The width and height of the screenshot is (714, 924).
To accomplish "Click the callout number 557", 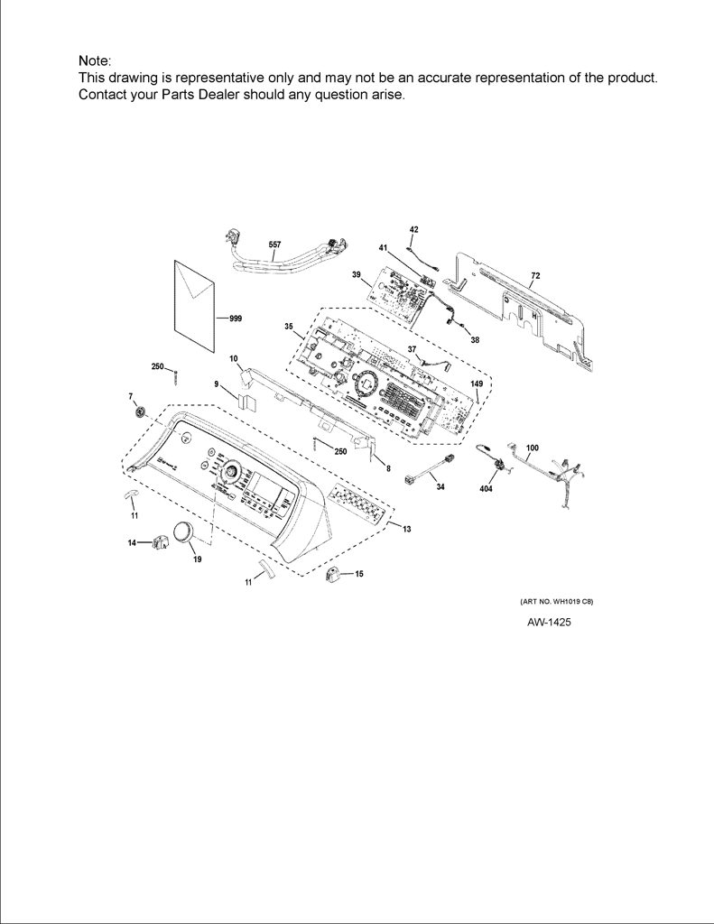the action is [x=274, y=245].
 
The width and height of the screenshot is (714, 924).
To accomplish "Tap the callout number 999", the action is [x=236, y=319].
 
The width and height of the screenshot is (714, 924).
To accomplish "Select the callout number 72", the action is [x=535, y=275].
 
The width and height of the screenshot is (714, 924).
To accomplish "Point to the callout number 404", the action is [x=487, y=488].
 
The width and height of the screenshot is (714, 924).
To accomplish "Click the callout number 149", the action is [x=477, y=383].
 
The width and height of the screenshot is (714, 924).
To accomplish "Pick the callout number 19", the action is [x=198, y=559].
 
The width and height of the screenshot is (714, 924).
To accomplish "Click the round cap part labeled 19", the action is [x=182, y=532].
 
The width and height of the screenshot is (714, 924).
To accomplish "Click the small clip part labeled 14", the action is [x=159, y=541].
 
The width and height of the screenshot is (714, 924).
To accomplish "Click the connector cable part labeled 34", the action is [x=431, y=470].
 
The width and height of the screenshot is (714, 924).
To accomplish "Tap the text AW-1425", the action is [x=549, y=623].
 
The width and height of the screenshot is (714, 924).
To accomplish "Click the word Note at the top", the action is [x=93, y=60].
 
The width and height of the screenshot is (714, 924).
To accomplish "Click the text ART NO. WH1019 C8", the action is [x=556, y=602].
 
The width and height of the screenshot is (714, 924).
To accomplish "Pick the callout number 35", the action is [x=288, y=327].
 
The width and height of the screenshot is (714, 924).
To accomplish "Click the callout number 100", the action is [x=532, y=448].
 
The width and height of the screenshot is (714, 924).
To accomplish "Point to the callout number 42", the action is [x=414, y=229].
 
